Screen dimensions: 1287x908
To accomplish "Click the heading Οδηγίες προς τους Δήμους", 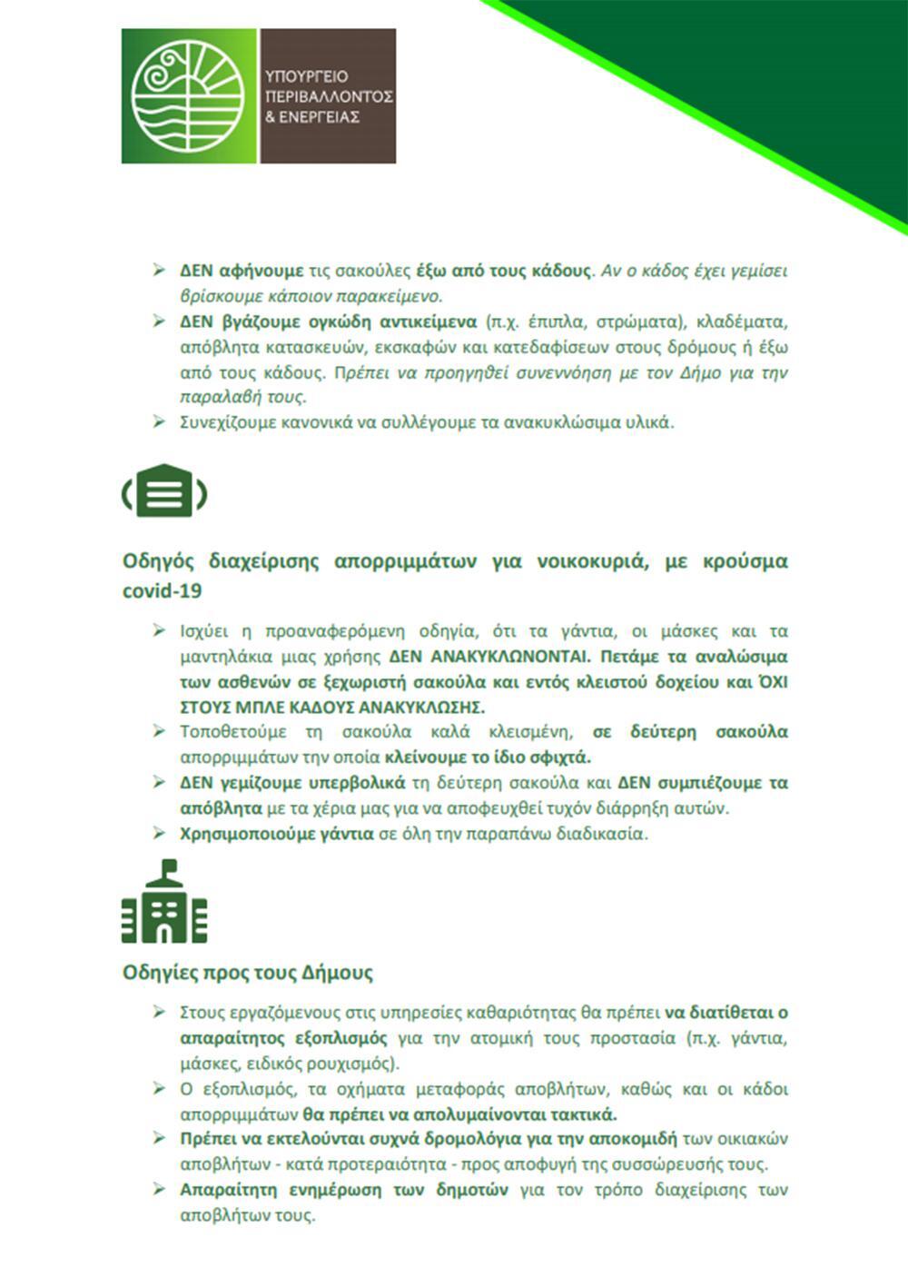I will (248, 973).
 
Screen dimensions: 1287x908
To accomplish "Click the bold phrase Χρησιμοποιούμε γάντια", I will (276, 833).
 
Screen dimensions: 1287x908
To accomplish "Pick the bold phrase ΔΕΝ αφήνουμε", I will (241, 271).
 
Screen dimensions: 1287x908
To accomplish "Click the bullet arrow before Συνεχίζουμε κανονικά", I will (159, 421).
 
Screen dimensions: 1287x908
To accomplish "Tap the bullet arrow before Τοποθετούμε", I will (159, 731).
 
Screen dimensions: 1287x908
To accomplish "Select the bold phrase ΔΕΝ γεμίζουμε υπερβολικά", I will (292, 783).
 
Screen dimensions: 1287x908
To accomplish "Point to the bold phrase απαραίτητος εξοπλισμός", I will (284, 1038).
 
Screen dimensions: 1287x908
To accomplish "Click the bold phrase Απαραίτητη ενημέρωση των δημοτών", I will (344, 1190).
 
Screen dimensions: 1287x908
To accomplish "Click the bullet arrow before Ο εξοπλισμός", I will (159, 1088).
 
